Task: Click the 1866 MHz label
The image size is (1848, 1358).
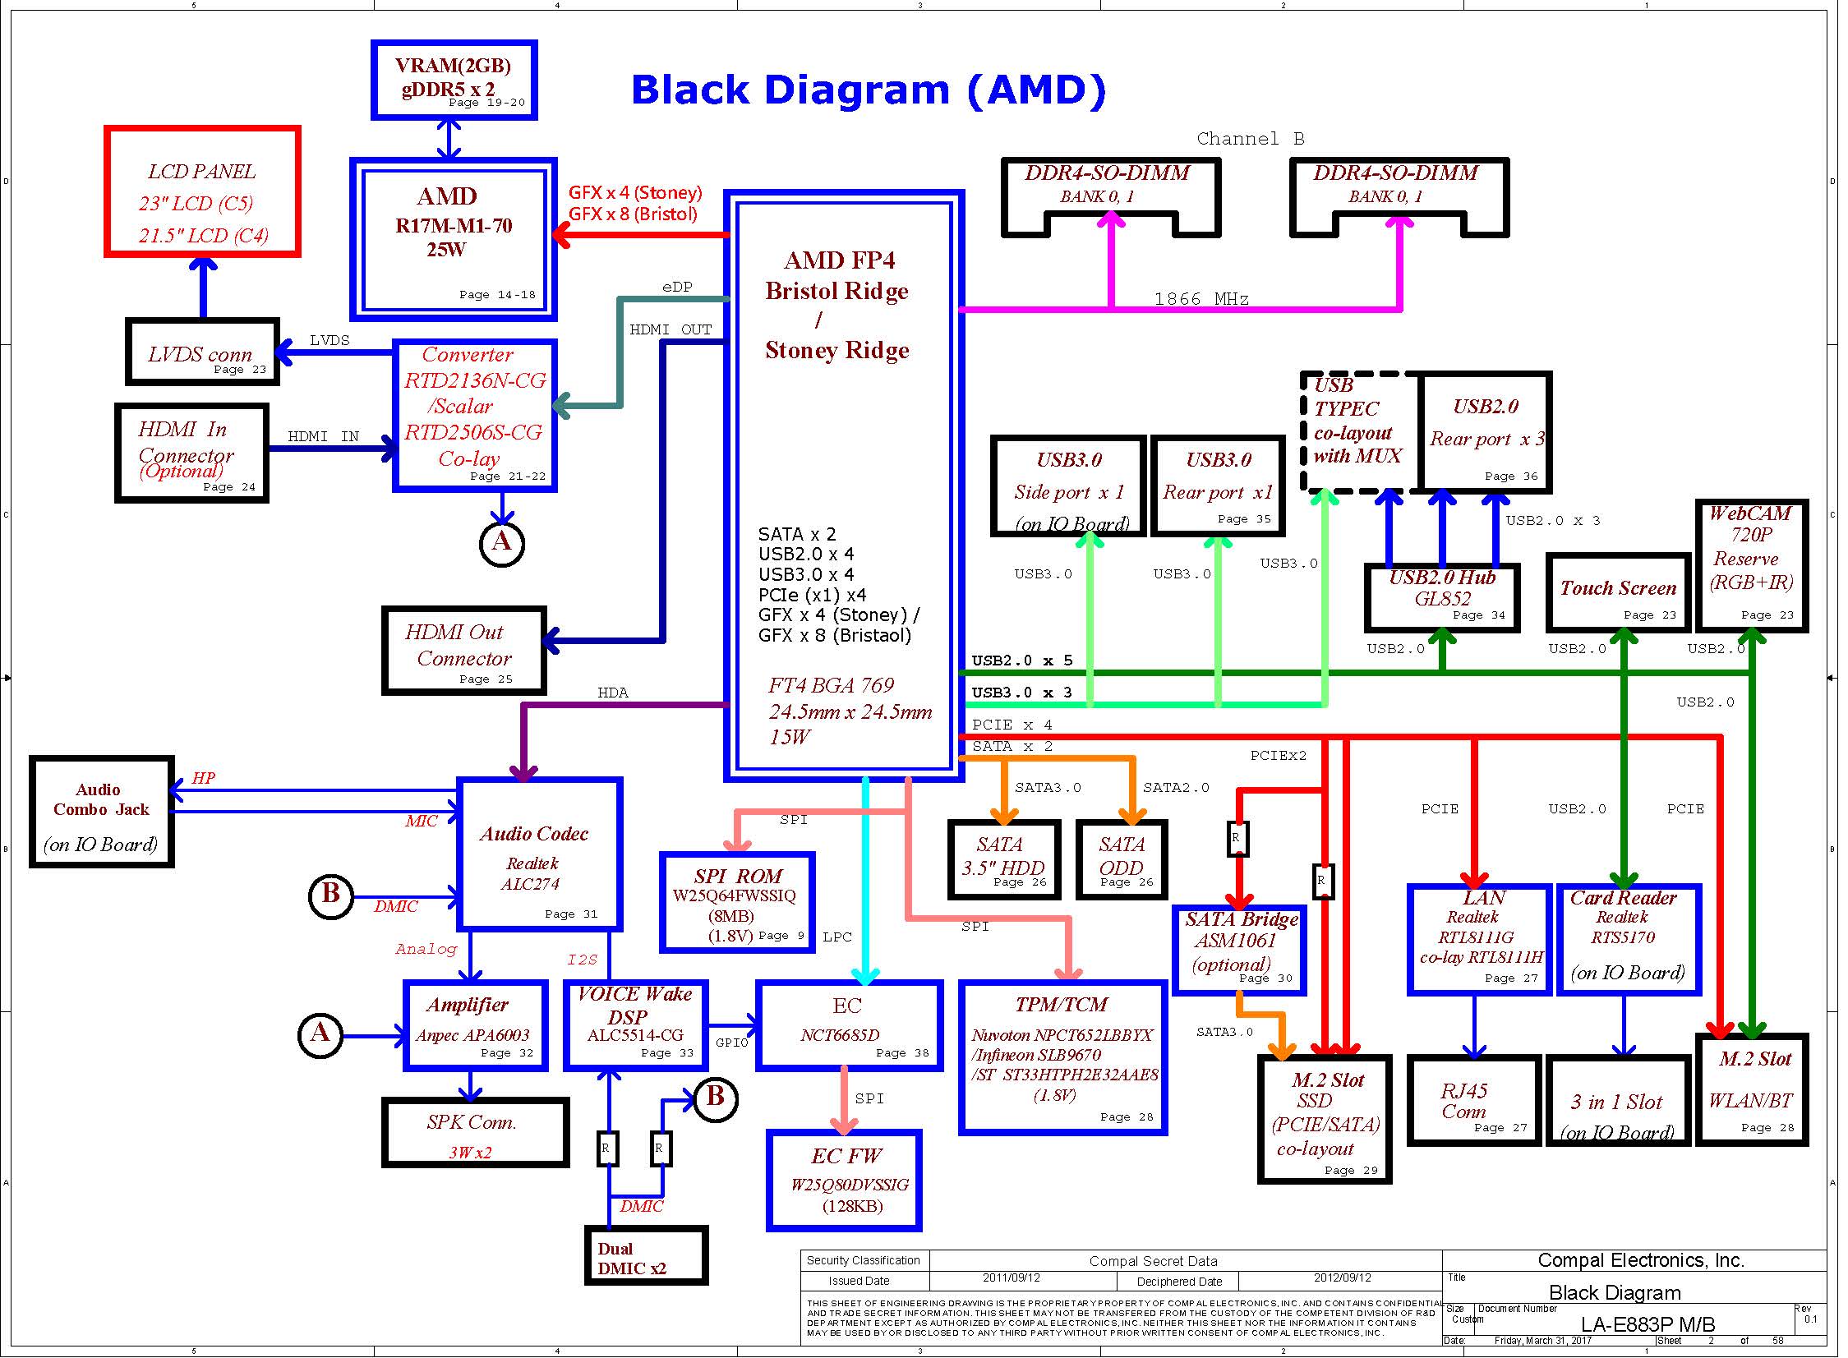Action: [x=1201, y=299]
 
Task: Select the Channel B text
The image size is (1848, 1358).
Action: [x=1251, y=139]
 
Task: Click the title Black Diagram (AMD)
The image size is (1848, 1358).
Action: [x=868, y=90]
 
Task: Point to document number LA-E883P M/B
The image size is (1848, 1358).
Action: [x=1648, y=1324]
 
